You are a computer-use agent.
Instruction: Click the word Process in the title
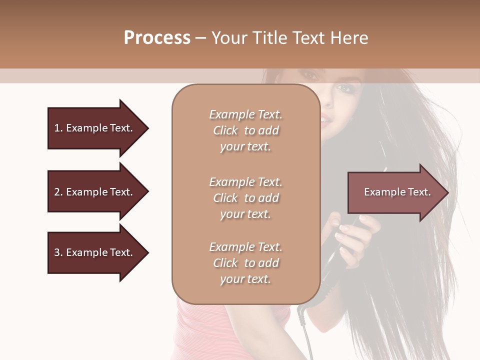(x=157, y=38)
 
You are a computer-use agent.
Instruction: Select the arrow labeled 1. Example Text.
(x=95, y=128)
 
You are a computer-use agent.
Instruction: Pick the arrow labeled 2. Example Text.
(x=95, y=192)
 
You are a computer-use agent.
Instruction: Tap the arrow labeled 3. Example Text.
(x=95, y=253)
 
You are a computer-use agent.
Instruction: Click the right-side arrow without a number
(x=395, y=192)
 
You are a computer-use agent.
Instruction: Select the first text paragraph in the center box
(x=245, y=130)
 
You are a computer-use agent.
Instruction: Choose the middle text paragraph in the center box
(x=245, y=198)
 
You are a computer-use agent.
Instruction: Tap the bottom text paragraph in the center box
(x=245, y=263)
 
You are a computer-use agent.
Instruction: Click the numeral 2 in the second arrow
(x=57, y=192)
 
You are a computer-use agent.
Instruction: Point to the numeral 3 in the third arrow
(x=57, y=253)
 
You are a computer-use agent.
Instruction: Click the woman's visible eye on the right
(x=344, y=88)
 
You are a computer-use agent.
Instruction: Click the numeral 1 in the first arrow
(x=56, y=128)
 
